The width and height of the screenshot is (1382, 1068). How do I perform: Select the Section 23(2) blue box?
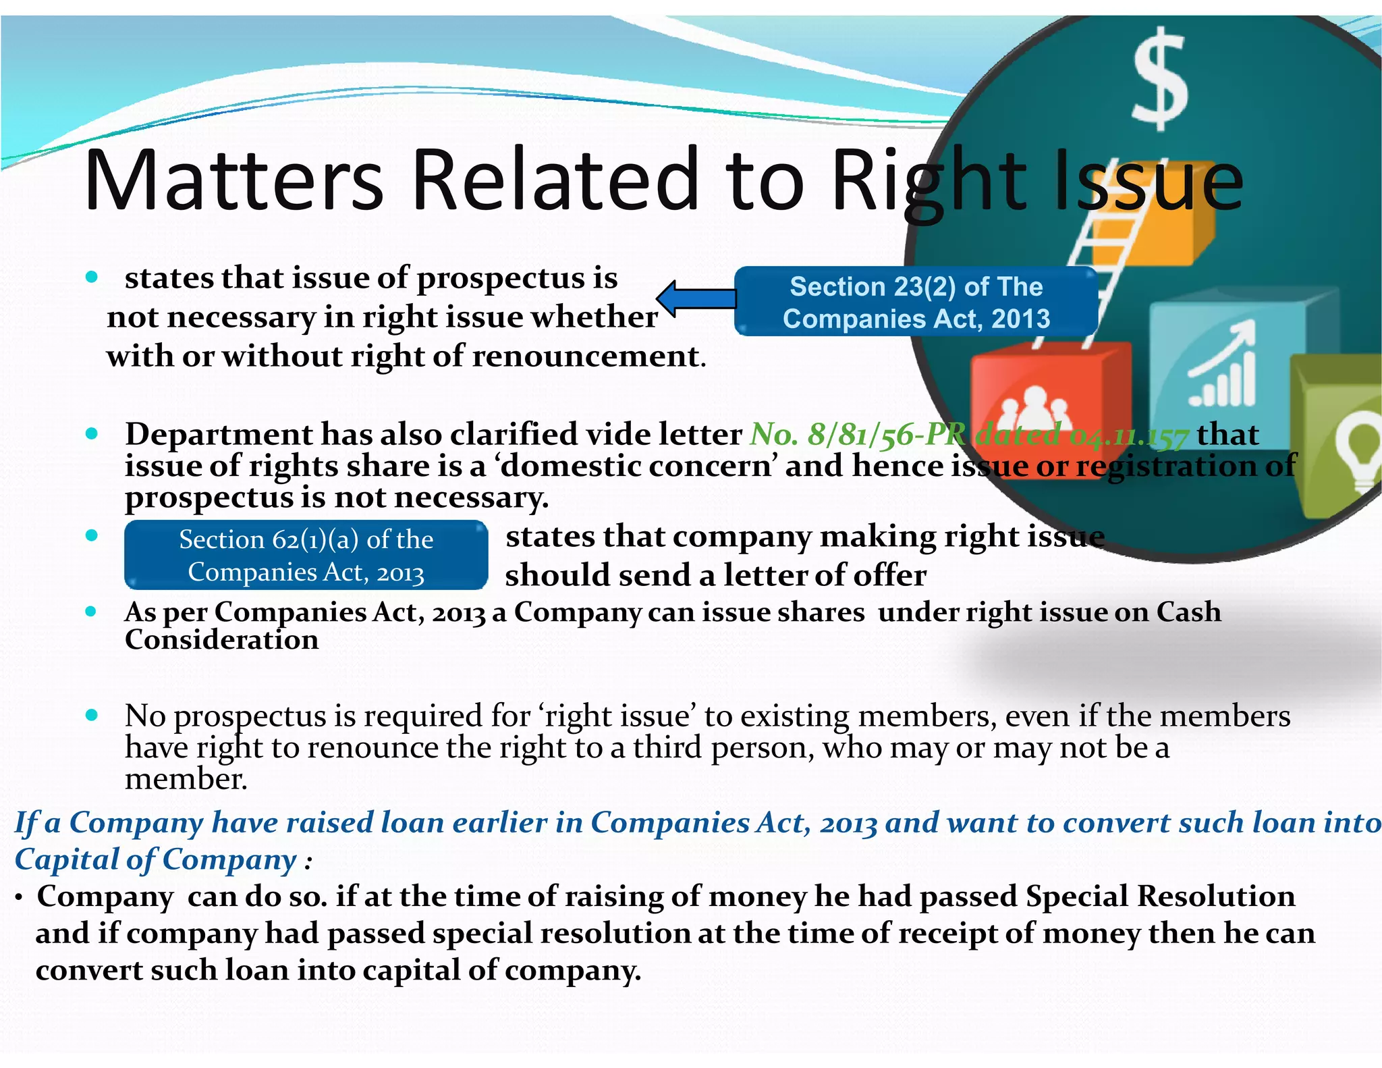click(x=916, y=302)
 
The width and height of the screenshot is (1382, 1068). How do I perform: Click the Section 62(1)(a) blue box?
click(x=306, y=555)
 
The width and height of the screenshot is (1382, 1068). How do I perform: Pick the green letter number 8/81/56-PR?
click(x=857, y=434)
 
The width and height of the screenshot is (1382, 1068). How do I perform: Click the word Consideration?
click(x=221, y=640)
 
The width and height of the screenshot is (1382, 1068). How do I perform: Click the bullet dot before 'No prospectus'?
click(x=92, y=714)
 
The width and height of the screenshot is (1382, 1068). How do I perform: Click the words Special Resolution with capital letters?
click(x=1160, y=897)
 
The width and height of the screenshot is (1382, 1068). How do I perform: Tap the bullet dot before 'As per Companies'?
click(x=92, y=612)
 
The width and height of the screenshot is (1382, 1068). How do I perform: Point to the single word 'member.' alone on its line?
click(x=186, y=779)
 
